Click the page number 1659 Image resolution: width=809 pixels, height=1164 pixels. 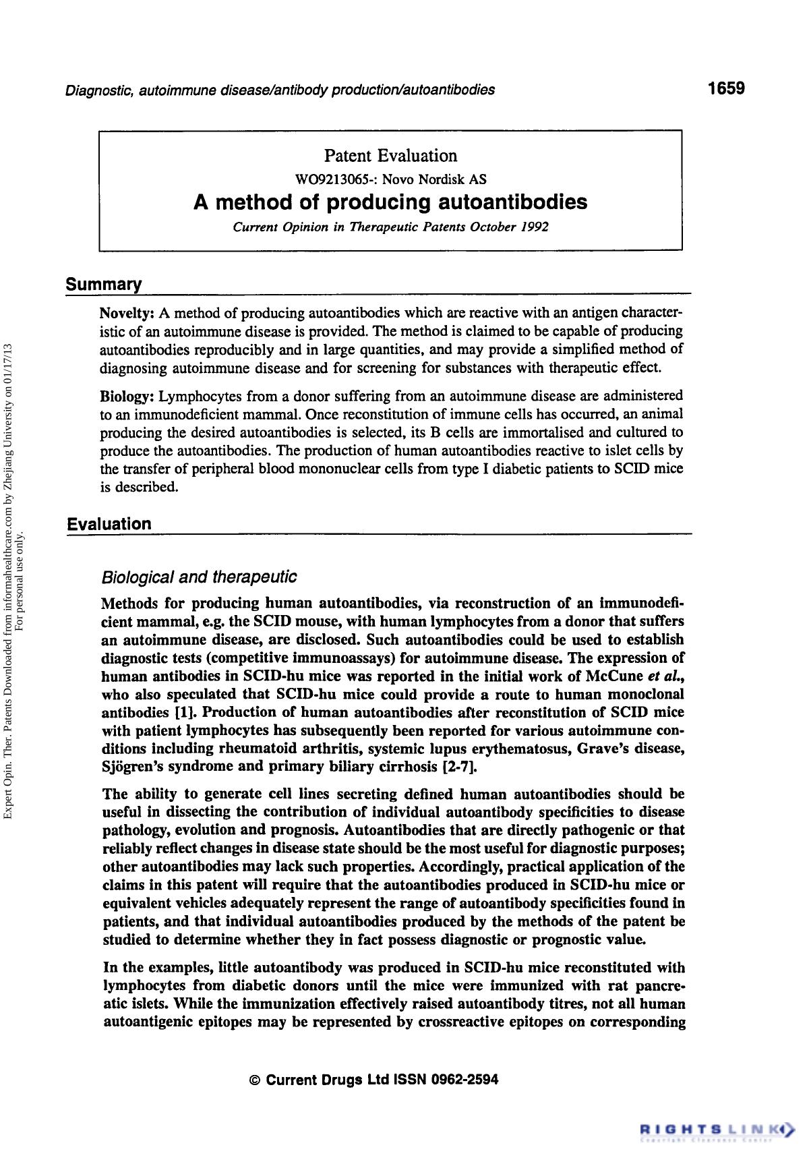pos(725,88)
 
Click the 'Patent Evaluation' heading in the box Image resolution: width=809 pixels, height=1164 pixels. pos(390,156)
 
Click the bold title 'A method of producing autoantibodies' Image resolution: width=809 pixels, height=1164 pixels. pos(390,202)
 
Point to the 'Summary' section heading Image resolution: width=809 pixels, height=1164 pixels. pos(104,285)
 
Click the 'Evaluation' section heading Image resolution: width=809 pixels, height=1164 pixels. pos(109,524)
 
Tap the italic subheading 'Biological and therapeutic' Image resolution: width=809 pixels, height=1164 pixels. pos(198,577)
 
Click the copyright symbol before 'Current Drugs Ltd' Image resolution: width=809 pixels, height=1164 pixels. pos(254,1080)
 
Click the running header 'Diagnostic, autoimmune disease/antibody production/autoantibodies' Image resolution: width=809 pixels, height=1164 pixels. pos(280,90)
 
